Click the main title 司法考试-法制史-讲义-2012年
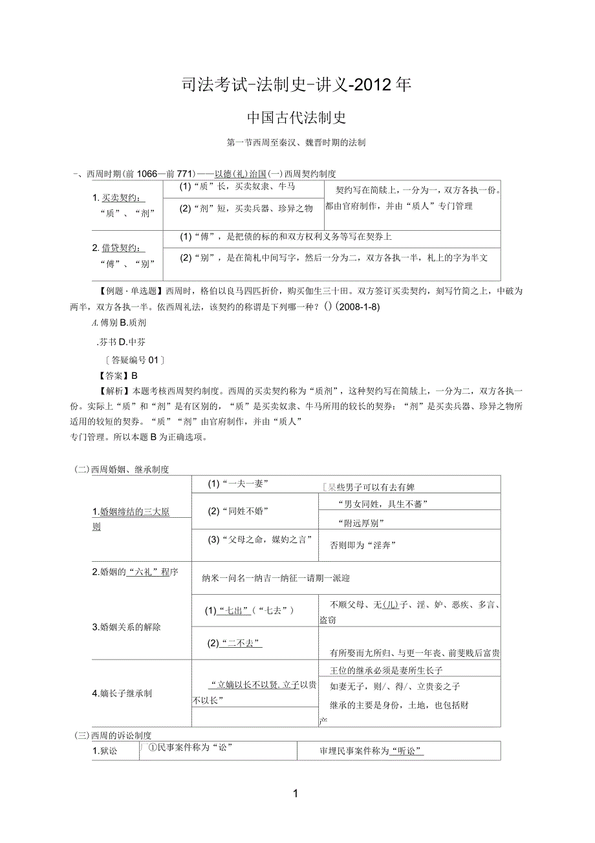click(x=297, y=85)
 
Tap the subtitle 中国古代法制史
click(x=297, y=118)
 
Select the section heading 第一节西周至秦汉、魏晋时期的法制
click(x=296, y=143)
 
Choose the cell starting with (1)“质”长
click(x=237, y=187)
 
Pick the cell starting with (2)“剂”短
click(x=246, y=208)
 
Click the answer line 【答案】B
click(x=117, y=376)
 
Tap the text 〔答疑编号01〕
click(x=131, y=360)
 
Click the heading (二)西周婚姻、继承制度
click(x=122, y=469)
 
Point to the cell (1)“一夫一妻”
click(x=237, y=484)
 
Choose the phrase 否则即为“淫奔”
click(x=362, y=545)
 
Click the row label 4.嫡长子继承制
click(x=122, y=694)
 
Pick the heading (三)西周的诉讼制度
click(x=113, y=736)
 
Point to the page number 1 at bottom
click(x=296, y=793)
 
